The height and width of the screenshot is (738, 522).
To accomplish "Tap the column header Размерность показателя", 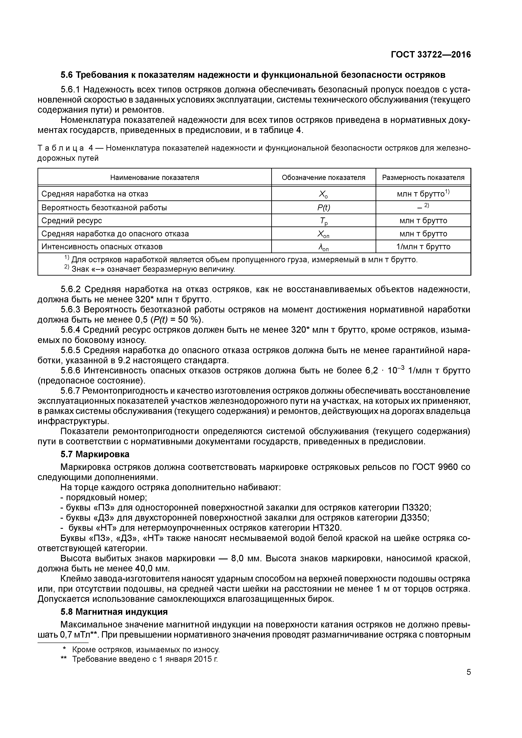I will (x=423, y=177).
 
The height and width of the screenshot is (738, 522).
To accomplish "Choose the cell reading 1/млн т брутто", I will (x=423, y=247).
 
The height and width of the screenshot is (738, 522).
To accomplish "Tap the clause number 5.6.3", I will (x=71, y=310).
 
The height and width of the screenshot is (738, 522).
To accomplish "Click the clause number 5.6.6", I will (x=71, y=371).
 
